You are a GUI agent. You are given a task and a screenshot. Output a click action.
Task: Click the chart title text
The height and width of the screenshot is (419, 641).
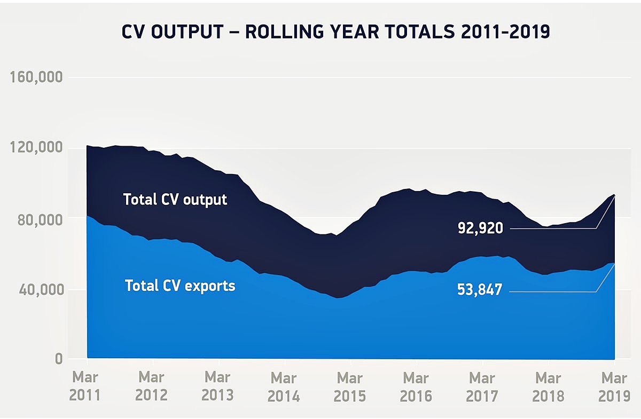[x=335, y=32]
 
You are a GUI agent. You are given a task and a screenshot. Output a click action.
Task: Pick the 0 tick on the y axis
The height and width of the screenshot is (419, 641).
[x=58, y=359]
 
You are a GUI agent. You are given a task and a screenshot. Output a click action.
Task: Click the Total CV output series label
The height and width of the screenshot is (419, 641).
[x=175, y=200]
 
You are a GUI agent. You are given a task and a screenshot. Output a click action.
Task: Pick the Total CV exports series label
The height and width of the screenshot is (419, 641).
[x=180, y=286]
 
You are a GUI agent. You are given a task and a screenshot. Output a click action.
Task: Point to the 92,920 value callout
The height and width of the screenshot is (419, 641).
[x=480, y=228]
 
